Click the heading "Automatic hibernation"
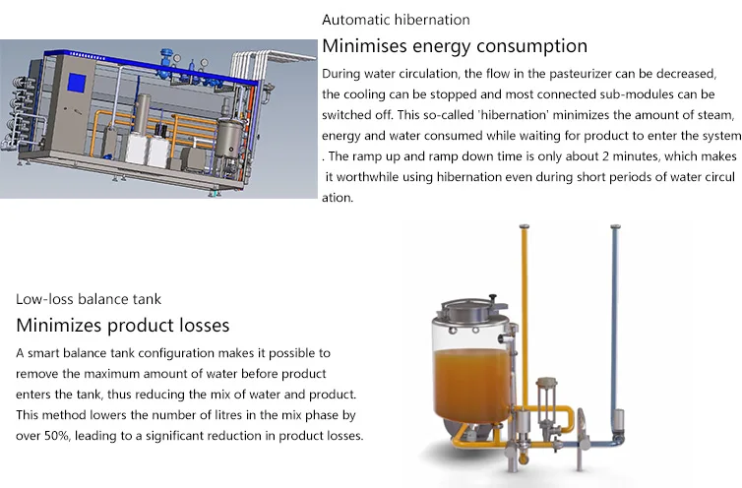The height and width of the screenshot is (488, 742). (x=396, y=20)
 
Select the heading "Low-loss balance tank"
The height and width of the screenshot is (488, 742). (x=89, y=299)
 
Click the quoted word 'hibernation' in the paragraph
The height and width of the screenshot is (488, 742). (x=513, y=115)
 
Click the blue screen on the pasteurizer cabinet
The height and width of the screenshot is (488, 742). (x=77, y=83)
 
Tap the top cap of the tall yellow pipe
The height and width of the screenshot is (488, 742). (x=524, y=226)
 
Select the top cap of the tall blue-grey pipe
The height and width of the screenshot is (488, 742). (x=615, y=227)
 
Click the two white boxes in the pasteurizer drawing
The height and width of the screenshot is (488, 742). (x=148, y=150)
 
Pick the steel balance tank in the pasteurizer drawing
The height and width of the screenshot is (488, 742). (x=229, y=138)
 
